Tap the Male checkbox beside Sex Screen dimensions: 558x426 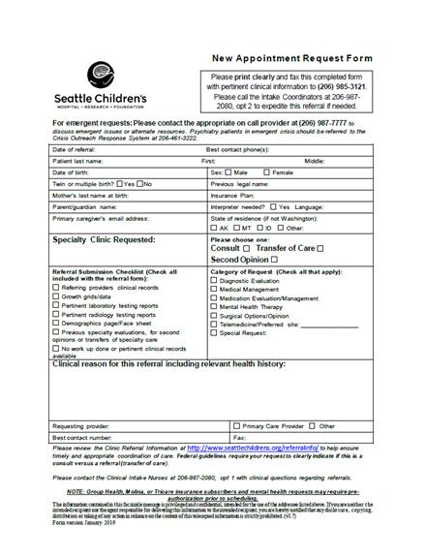[228, 171]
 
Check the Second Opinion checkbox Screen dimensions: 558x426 [276, 260]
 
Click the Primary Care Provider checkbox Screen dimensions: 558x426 [237, 425]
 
